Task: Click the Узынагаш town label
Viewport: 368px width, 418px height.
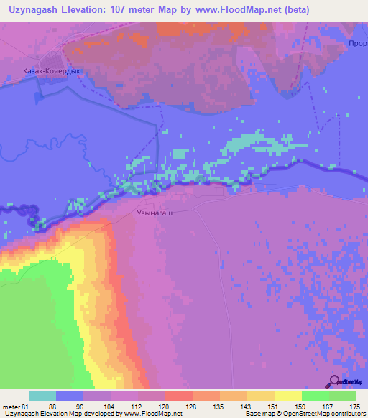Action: (155, 213)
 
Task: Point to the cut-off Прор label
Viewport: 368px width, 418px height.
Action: (356, 42)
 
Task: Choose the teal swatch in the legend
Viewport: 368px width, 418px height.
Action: (42, 396)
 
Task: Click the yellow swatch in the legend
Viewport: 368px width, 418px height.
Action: (288, 396)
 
